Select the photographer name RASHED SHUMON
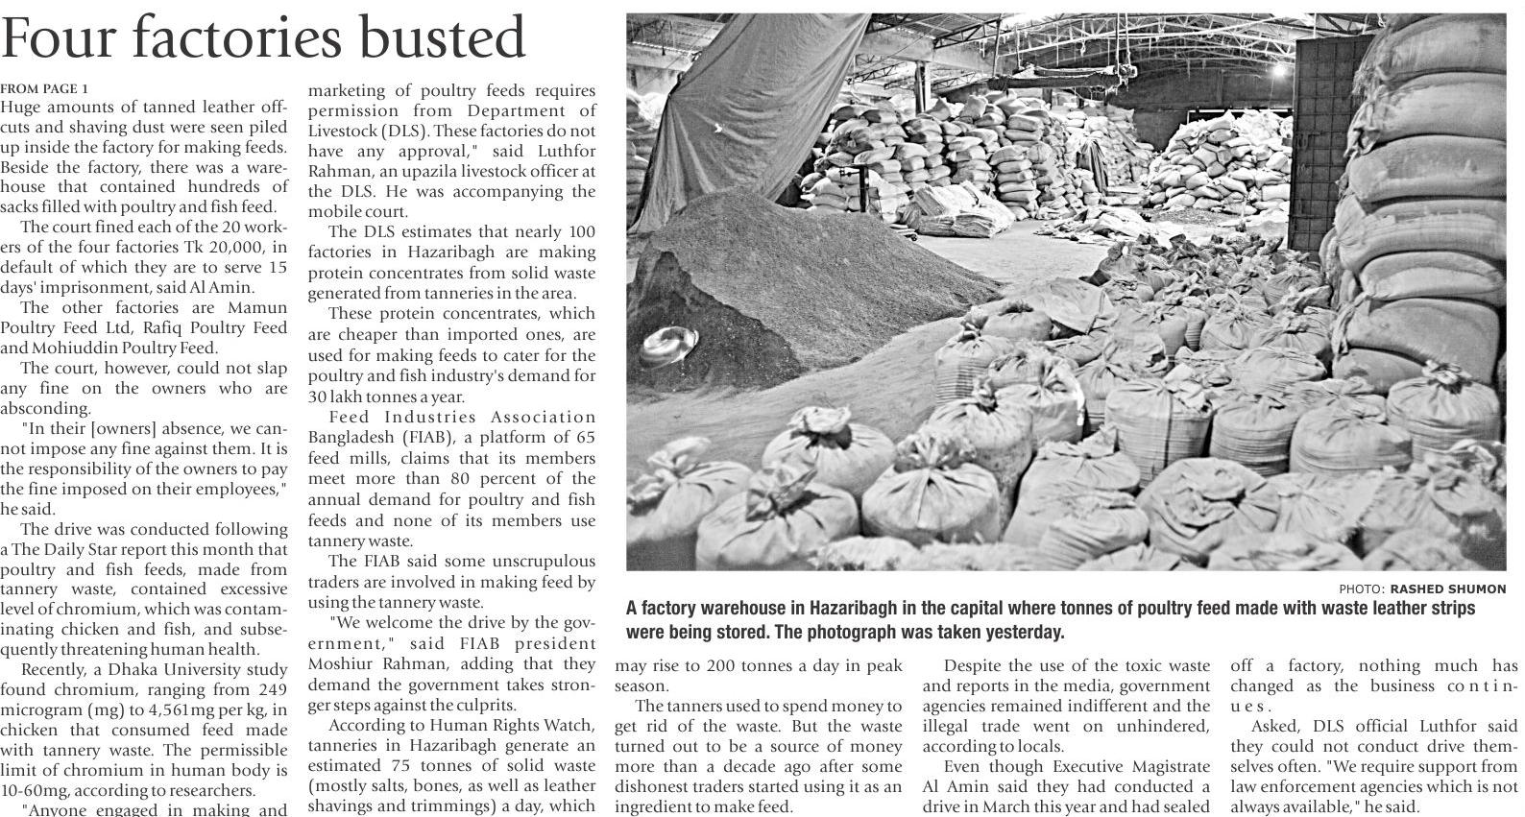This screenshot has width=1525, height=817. [1448, 589]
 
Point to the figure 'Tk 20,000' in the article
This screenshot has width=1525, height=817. [215, 247]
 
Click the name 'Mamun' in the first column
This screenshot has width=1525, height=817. [256, 308]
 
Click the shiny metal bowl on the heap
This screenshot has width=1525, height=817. [668, 341]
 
